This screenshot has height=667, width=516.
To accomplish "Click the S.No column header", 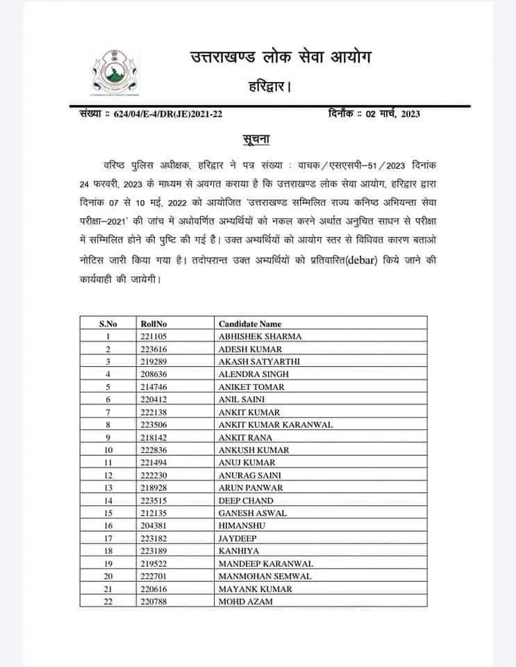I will [x=108, y=324].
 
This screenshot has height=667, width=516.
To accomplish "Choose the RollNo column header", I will [x=153, y=324].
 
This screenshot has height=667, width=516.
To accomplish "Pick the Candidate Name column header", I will [x=250, y=324].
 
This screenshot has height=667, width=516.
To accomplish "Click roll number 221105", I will [x=153, y=336].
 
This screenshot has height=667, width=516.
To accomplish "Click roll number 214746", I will [x=153, y=387].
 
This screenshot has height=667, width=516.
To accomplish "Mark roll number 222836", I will [x=153, y=450].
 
